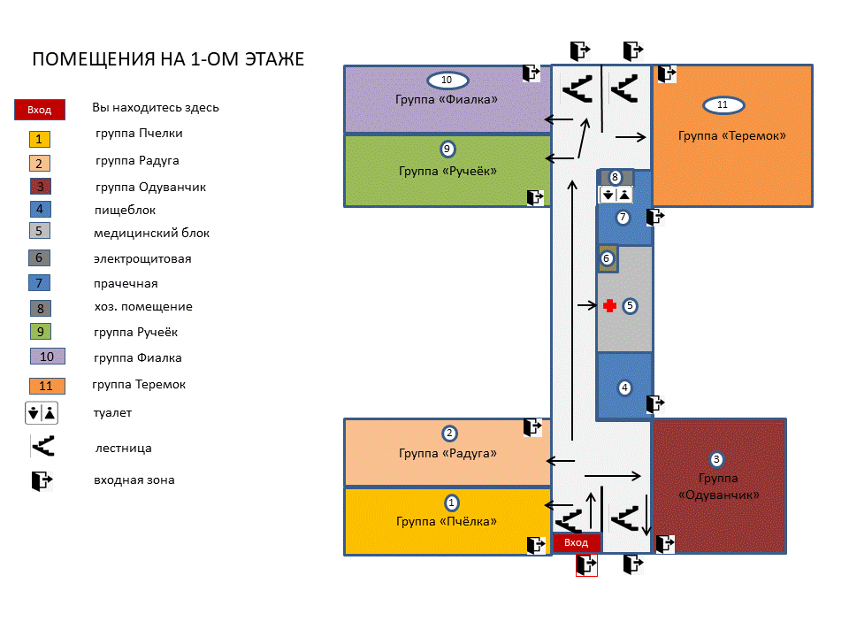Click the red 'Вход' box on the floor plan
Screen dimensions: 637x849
[x=577, y=542]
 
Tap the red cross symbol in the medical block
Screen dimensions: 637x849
[x=609, y=306]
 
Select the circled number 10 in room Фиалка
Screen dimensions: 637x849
[x=447, y=81]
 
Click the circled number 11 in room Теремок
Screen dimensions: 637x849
[x=723, y=105]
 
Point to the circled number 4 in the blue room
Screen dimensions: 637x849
[x=624, y=388]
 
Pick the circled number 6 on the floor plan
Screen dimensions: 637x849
[x=607, y=258]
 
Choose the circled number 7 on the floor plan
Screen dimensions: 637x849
[x=623, y=217]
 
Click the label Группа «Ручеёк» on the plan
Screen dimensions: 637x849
[x=447, y=170]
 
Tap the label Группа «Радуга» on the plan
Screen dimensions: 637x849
[x=447, y=453]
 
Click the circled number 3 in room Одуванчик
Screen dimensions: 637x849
[x=717, y=459]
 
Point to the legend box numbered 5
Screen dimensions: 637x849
[x=40, y=231]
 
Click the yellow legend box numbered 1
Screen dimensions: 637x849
[x=40, y=139]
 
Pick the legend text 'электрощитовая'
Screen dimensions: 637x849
[x=142, y=259]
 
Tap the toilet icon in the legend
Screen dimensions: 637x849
[x=42, y=412]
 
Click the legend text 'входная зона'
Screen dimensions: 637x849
[x=134, y=480]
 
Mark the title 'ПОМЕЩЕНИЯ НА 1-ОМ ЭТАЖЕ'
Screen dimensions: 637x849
[x=168, y=59]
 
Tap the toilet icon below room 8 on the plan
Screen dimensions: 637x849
[x=616, y=195]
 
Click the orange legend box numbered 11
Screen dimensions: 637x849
[x=46, y=386]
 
